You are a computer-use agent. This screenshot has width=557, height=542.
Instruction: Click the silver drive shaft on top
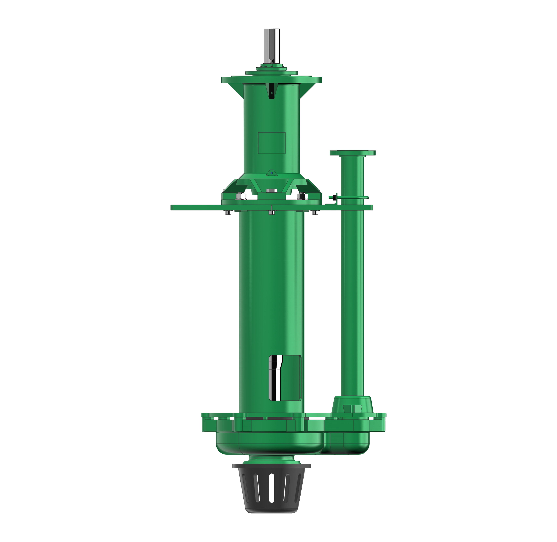[271, 47]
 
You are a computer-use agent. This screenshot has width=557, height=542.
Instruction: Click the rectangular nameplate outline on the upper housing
[272, 143]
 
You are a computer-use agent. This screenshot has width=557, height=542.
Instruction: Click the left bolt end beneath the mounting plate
[228, 212]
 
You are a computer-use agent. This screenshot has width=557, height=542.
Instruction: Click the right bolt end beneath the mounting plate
[315, 212]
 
